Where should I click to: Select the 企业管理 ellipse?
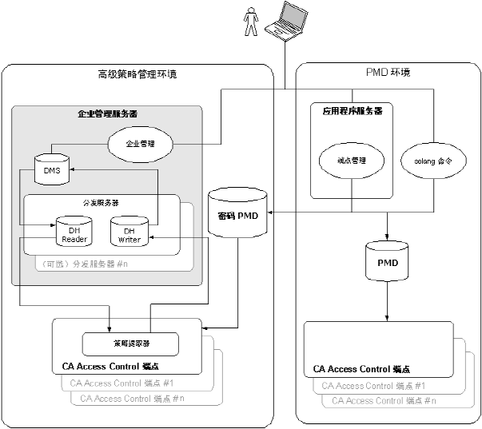140,144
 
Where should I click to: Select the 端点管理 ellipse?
352,160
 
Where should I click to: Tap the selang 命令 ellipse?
432,160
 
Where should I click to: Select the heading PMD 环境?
388,73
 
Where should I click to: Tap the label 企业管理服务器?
108,113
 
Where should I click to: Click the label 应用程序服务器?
352,111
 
